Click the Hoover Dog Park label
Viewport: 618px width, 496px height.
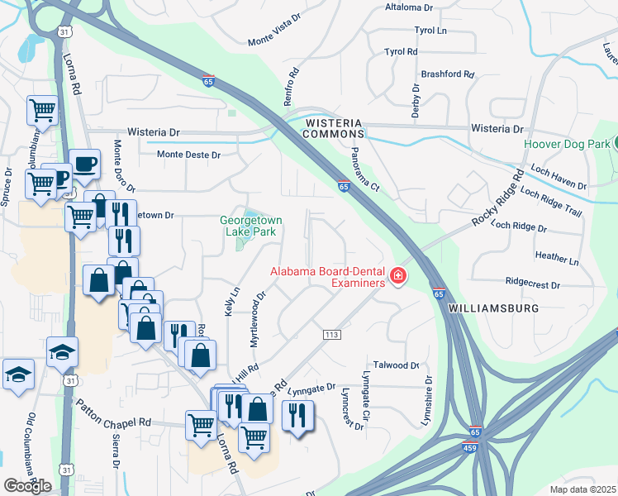click(566, 144)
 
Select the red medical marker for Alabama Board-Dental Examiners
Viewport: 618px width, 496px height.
click(397, 276)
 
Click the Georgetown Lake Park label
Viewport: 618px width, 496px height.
click(251, 227)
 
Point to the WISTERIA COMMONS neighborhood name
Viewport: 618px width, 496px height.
click(335, 127)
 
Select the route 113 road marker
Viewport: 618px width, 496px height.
click(332, 334)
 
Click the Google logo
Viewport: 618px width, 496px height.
click(27, 486)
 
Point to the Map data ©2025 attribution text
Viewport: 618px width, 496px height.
click(583, 489)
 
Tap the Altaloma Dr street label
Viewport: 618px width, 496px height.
click(409, 7)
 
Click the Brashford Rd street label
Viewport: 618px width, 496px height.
click(447, 74)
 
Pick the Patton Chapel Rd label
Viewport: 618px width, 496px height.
click(114, 413)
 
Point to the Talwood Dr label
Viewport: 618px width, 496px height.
click(397, 365)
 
